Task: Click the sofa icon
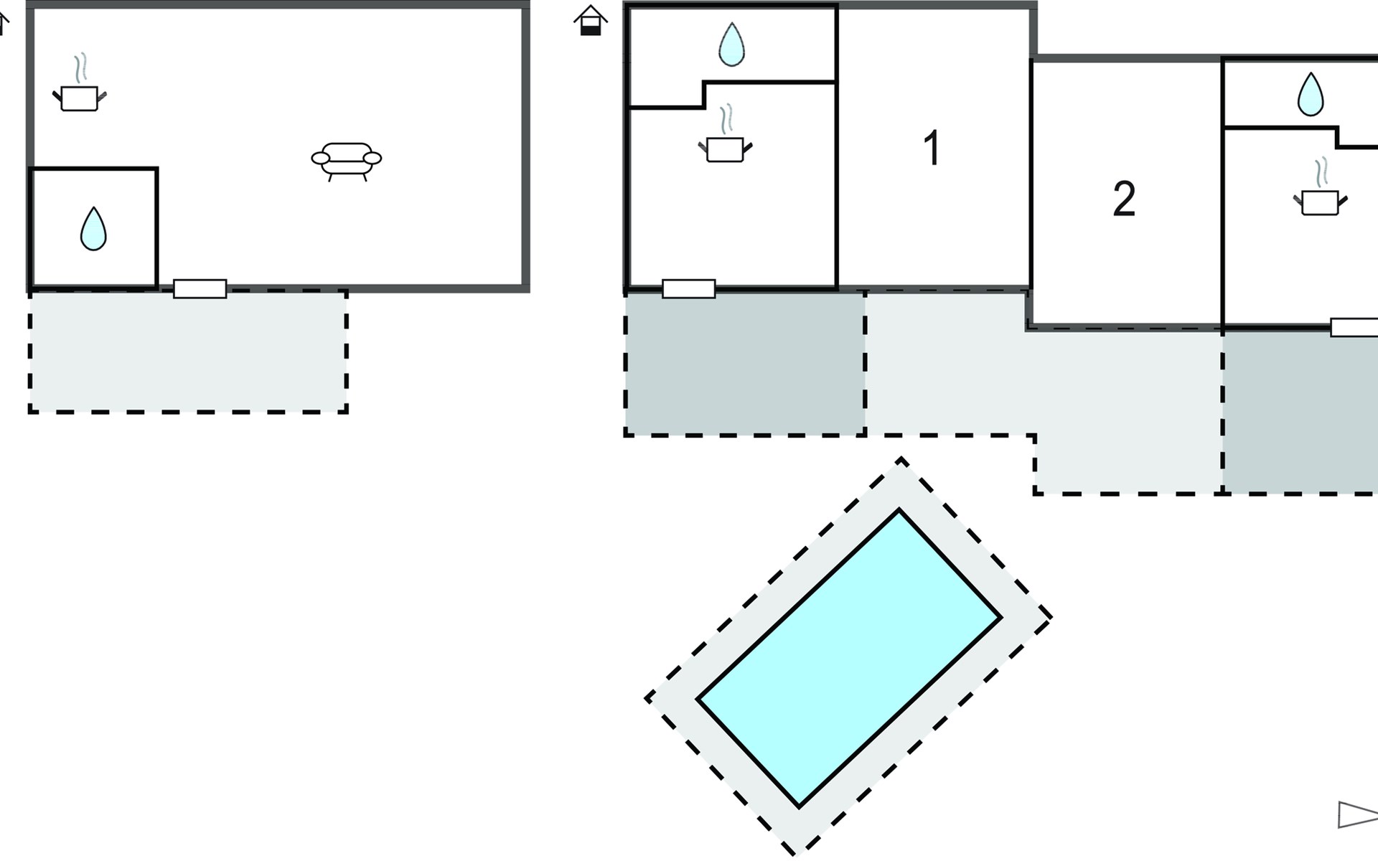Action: tap(347, 161)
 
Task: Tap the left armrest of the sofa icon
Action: tap(320, 158)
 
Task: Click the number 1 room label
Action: tap(932, 149)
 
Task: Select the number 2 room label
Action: tap(1124, 199)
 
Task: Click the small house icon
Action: tap(591, 20)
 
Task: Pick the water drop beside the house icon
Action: tap(731, 44)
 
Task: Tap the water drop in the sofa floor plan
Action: tap(93, 229)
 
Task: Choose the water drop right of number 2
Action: tap(1311, 94)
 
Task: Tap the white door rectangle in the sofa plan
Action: tap(200, 289)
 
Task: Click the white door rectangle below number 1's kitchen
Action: tap(689, 289)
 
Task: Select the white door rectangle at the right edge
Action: tap(1354, 327)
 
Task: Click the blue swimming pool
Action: tap(849, 658)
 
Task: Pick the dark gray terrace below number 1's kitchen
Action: tap(745, 363)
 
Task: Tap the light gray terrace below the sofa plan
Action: tap(188, 352)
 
